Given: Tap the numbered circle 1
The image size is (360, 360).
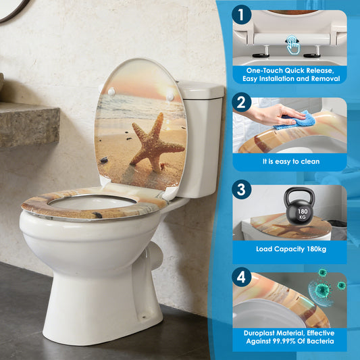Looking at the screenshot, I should point(242,15).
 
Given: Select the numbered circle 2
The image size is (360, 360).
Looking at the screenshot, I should point(242,103).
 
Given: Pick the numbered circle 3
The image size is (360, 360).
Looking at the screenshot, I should point(242,190).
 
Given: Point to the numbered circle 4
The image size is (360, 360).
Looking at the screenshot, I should point(242,277).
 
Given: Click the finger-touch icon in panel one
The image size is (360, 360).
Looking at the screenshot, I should point(292,45).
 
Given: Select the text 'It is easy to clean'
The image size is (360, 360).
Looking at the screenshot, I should point(291,161).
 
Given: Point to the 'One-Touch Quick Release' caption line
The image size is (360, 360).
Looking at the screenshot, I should point(290,70).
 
